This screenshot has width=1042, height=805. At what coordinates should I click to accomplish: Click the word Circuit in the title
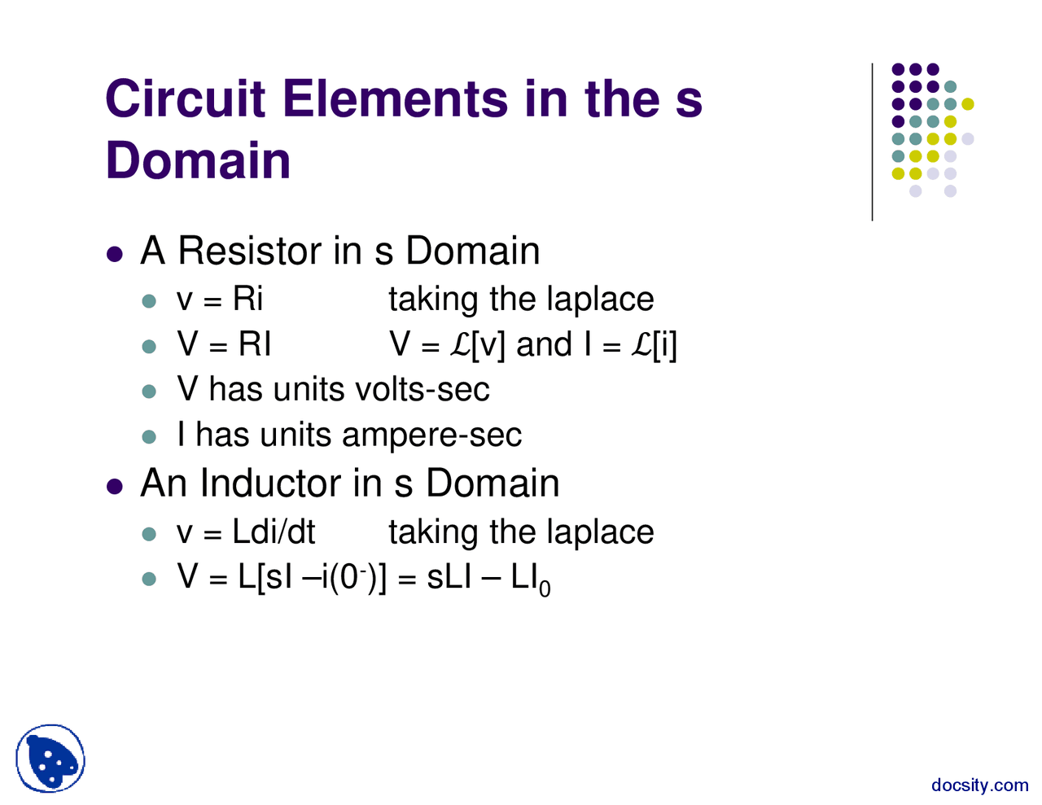[x=186, y=98]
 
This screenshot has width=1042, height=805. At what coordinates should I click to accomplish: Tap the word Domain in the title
[x=198, y=160]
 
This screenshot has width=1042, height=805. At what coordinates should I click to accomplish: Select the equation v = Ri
[x=220, y=300]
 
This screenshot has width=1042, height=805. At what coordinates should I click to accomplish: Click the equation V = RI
[x=224, y=345]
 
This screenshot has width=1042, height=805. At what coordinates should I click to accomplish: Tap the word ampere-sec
[x=431, y=435]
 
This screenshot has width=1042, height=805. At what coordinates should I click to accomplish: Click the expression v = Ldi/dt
[x=245, y=532]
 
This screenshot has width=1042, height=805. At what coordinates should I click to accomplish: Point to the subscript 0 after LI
[x=545, y=589]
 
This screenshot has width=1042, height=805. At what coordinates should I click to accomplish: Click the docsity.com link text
[x=979, y=785]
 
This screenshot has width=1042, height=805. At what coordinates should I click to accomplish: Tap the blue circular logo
[x=50, y=759]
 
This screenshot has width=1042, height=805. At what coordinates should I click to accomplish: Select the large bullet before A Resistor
[x=116, y=253]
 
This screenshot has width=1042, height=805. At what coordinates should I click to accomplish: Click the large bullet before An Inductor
[x=116, y=486]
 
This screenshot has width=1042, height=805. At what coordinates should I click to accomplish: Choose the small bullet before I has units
[x=148, y=437]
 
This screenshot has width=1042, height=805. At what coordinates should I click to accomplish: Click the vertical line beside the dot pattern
[x=873, y=142]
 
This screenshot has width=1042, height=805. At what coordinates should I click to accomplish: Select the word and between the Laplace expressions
[x=544, y=345]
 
